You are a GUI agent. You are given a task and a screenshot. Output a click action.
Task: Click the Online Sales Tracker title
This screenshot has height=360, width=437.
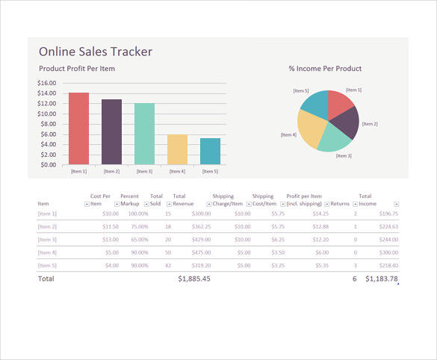[x=95, y=52]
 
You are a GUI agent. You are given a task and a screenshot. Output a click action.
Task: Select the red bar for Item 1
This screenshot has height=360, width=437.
[x=78, y=128]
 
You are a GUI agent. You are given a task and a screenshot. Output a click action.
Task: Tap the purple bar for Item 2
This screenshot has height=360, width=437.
[x=111, y=131]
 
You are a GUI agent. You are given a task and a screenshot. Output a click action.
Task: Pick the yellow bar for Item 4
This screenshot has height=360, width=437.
[x=177, y=149]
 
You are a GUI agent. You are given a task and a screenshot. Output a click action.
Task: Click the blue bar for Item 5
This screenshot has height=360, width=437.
[x=210, y=151]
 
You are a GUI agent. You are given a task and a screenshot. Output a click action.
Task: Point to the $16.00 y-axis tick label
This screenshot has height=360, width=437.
[x=47, y=83]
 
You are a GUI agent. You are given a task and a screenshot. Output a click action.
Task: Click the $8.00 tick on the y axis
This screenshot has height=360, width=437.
[x=49, y=124]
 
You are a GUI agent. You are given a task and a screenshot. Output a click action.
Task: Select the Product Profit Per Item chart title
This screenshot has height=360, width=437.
[x=77, y=69]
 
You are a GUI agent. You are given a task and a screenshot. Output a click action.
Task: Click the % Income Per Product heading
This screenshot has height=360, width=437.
[x=325, y=69]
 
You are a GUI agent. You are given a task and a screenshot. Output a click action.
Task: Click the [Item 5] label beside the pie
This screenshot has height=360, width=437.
[x=301, y=90]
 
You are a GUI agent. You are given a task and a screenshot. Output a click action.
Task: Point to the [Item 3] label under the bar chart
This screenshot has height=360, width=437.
[x=144, y=171]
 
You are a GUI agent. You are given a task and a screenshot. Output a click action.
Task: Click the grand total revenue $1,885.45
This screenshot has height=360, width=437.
[x=194, y=279]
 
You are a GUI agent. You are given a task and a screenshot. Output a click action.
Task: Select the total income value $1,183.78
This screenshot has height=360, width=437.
[x=382, y=279]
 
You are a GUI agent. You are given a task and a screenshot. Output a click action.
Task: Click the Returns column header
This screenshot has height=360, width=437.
[x=340, y=203]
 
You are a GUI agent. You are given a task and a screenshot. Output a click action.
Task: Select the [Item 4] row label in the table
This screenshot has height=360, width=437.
[x=47, y=252]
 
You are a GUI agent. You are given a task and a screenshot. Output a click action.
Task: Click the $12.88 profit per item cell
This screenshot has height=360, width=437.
[x=320, y=226]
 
